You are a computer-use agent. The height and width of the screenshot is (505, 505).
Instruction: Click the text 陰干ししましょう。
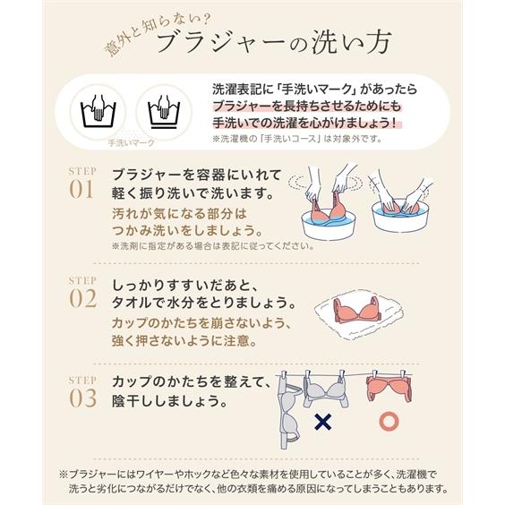(x=175, y=399)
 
